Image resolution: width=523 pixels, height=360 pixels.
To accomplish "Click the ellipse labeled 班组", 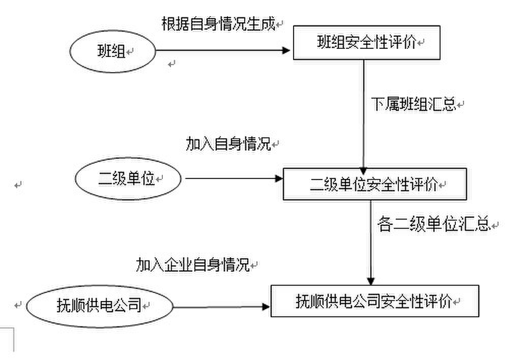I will pyautogui.click(x=112, y=51).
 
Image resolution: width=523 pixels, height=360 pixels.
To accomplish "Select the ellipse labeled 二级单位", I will pyautogui.click(x=129, y=178).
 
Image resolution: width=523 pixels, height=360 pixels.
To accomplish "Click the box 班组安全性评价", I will pyautogui.click(x=366, y=43).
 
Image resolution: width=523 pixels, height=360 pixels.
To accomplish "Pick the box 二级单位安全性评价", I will pyautogui.click(x=374, y=184).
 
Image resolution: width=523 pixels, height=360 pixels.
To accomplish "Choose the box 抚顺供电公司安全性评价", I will pyautogui.click(x=374, y=302).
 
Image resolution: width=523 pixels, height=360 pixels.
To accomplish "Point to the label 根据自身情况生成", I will pyautogui.click(x=218, y=24).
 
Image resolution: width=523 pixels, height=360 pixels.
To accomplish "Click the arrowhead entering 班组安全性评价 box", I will pyautogui.click(x=286, y=50).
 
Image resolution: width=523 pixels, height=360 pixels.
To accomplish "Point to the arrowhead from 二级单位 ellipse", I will pyautogui.click(x=278, y=178).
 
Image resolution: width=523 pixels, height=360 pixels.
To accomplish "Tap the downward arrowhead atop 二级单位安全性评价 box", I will pyautogui.click(x=364, y=171).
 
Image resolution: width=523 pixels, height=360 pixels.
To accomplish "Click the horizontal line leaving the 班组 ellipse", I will pyautogui.click(x=219, y=50).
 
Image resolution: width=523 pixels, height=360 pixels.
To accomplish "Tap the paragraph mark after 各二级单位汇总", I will pyautogui.click(x=496, y=224).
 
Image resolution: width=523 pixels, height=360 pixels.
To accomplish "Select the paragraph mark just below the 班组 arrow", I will pyautogui.click(x=172, y=64).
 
